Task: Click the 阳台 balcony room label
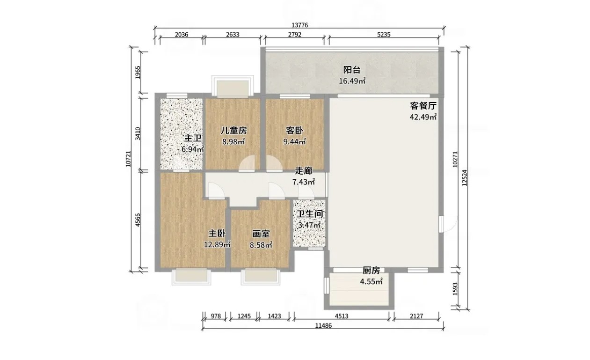(x=352, y=70)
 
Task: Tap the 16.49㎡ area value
(x=352, y=81)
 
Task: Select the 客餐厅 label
(x=423, y=106)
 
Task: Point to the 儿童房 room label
(x=233, y=131)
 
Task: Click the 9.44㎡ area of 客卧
(x=294, y=142)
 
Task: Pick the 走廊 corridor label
(x=304, y=171)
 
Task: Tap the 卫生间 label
(x=310, y=214)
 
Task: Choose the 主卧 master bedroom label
(x=217, y=234)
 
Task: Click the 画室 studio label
(x=261, y=234)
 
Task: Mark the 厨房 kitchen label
(x=371, y=271)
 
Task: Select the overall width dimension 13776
(x=300, y=25)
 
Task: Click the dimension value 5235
(x=384, y=35)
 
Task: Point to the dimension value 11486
(x=323, y=325)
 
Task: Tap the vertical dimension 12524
(x=464, y=177)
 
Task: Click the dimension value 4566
(x=138, y=220)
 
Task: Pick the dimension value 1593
(x=455, y=289)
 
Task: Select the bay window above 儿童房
(x=233, y=86)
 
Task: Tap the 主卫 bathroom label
(x=193, y=138)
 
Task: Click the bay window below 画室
(x=260, y=277)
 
